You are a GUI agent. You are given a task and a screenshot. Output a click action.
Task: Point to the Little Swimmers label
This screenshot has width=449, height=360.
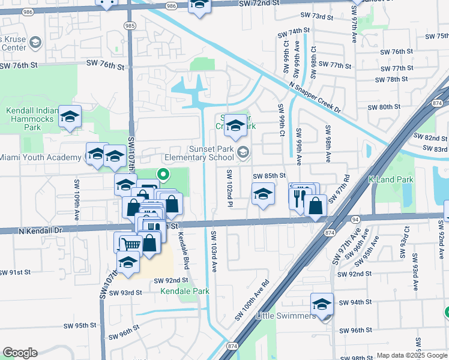click(286, 316)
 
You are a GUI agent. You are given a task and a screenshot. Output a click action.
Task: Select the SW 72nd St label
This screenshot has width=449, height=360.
click(259, 4)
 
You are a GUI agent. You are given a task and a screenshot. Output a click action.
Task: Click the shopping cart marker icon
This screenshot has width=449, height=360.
click(131, 244)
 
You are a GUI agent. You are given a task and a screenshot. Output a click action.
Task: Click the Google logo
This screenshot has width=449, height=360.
click(20, 353)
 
